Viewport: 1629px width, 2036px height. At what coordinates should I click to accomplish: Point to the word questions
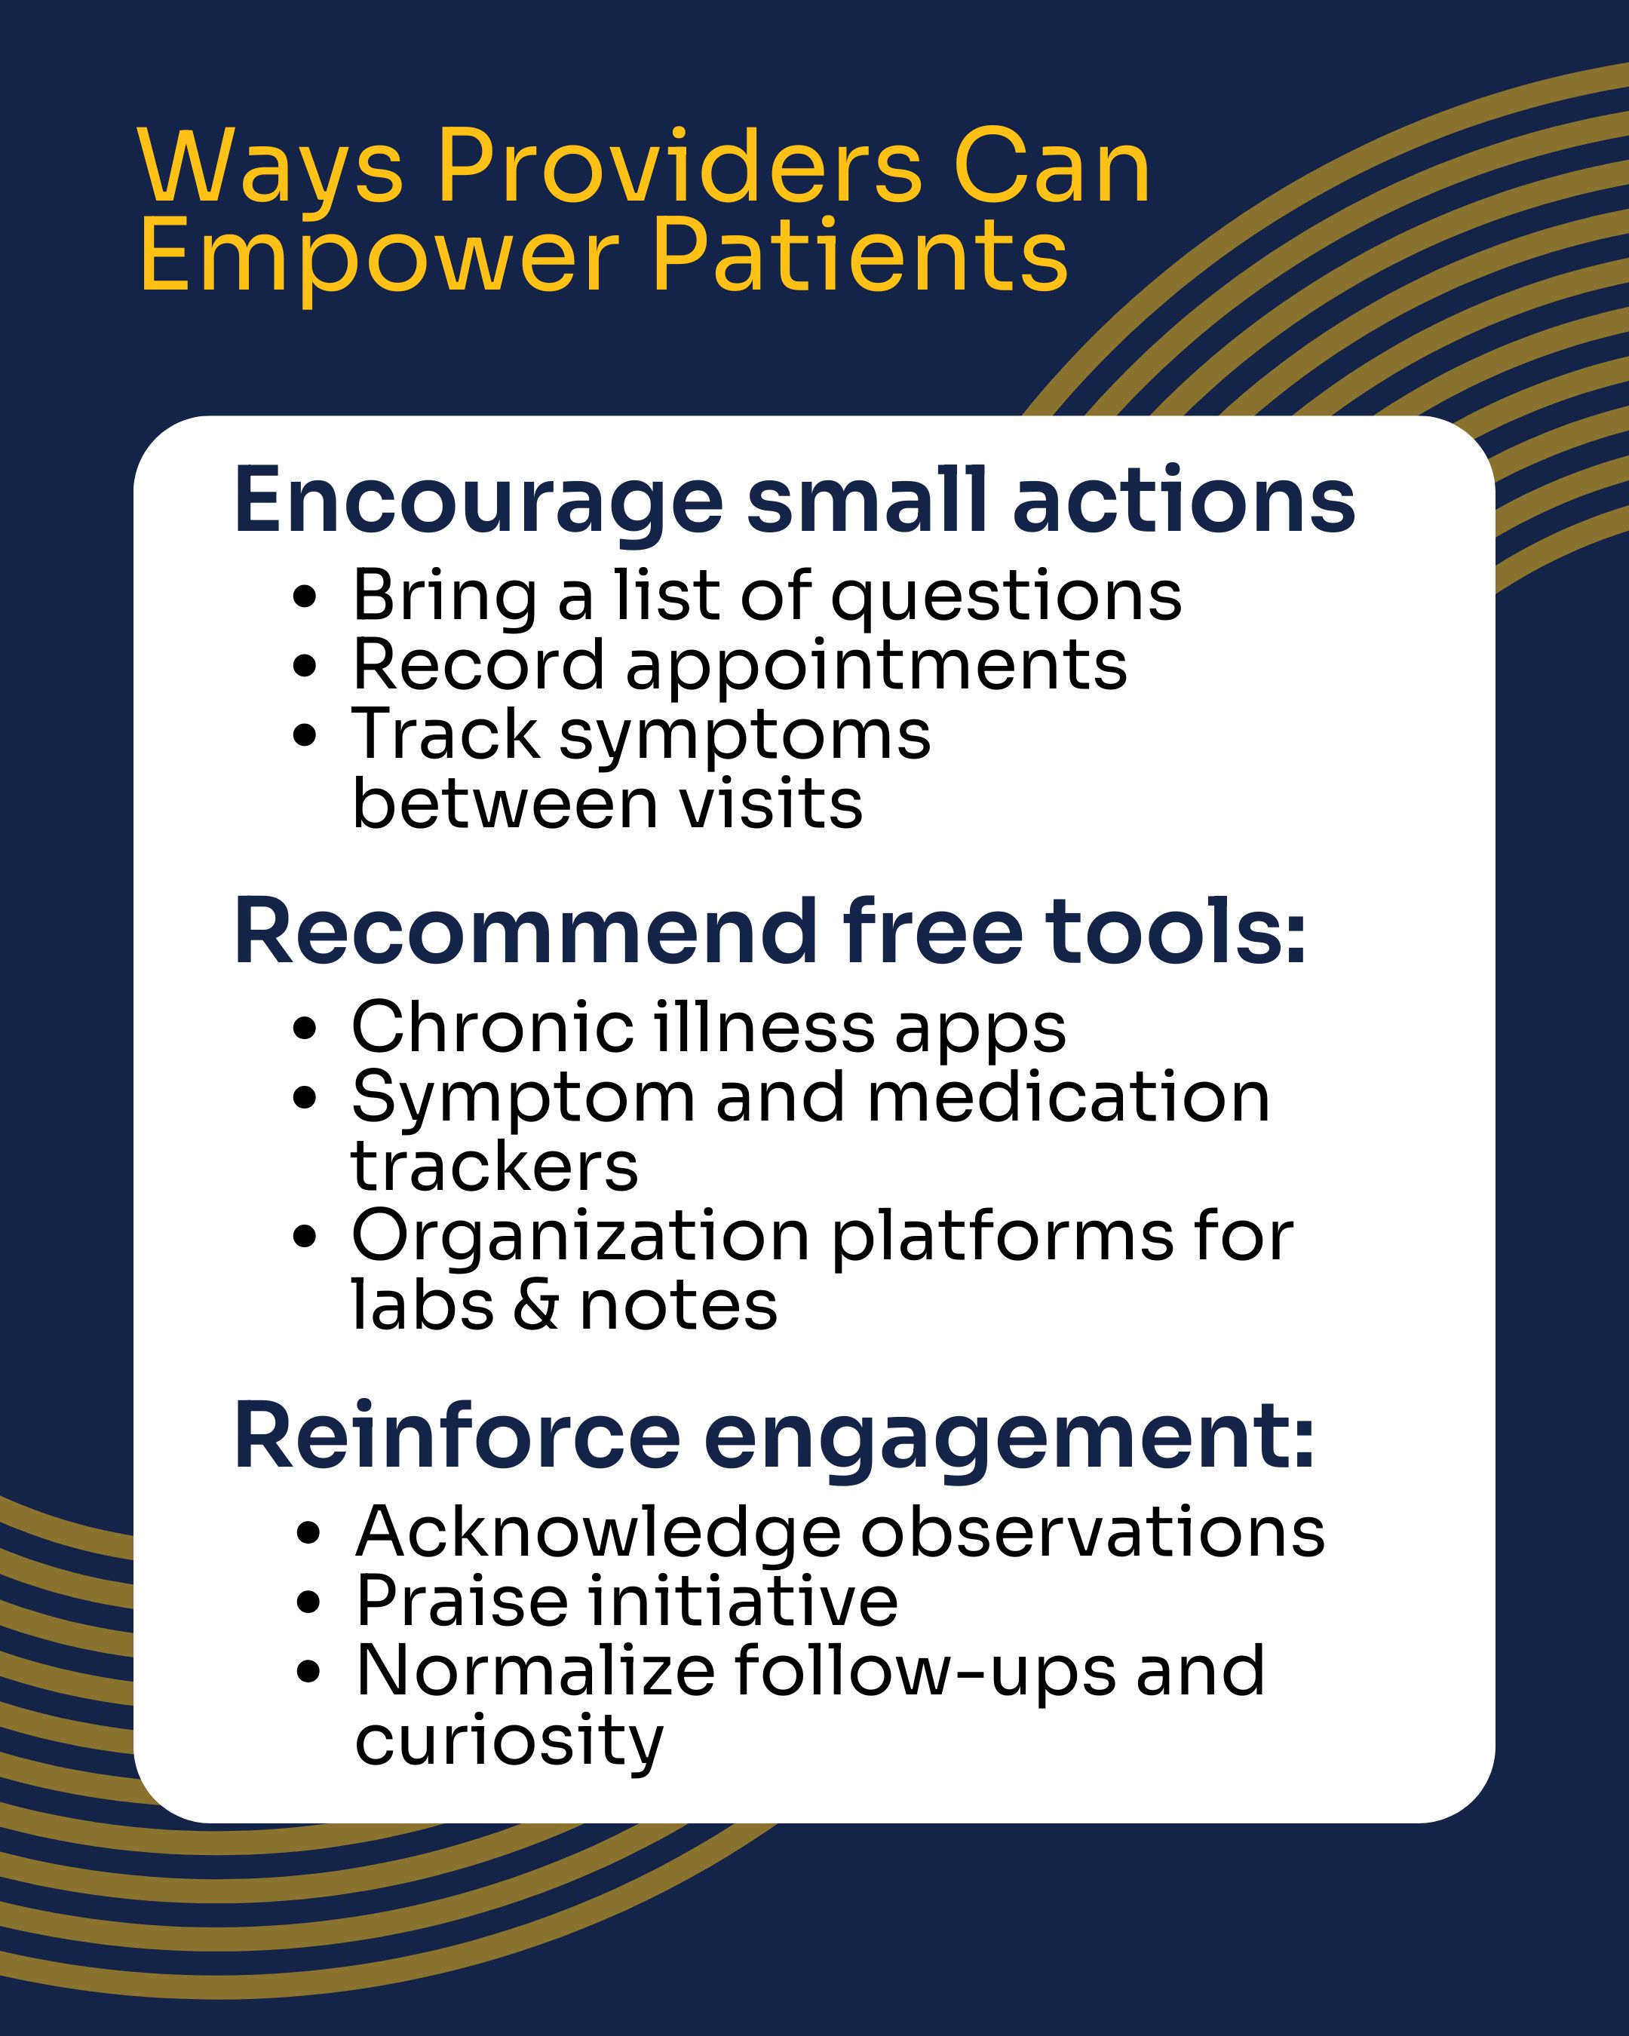tap(1006, 599)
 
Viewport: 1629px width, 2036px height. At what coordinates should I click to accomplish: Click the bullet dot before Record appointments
tap(304, 667)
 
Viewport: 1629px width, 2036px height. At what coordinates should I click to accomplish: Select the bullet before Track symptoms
tap(304, 736)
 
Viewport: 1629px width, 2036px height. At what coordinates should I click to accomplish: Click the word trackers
tap(495, 1167)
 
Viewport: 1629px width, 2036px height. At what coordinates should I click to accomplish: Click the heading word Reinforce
tap(457, 1437)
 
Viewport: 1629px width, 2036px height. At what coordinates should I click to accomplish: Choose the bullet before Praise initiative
tap(307, 1603)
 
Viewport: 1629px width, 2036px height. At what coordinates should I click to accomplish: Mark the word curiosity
tap(510, 1743)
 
